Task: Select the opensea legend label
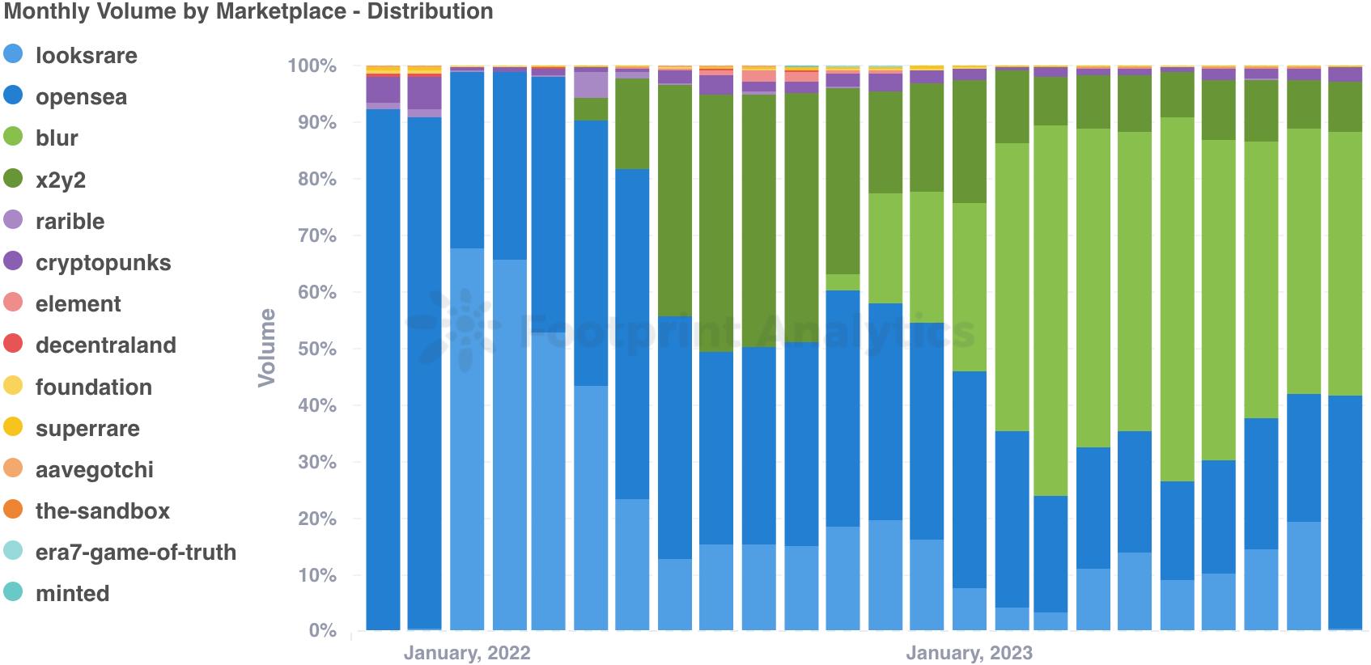(81, 97)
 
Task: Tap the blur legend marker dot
(13, 137)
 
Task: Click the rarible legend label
(70, 221)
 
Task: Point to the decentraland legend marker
(13, 344)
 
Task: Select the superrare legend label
(87, 429)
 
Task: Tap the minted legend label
(72, 594)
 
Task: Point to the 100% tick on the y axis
(312, 66)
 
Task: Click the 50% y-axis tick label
(316, 349)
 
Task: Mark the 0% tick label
(322, 631)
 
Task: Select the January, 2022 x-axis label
(467, 653)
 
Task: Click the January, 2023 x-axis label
(969, 653)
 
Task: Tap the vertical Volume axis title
(266, 347)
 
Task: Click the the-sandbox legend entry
(102, 511)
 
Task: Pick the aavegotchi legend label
(94, 470)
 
